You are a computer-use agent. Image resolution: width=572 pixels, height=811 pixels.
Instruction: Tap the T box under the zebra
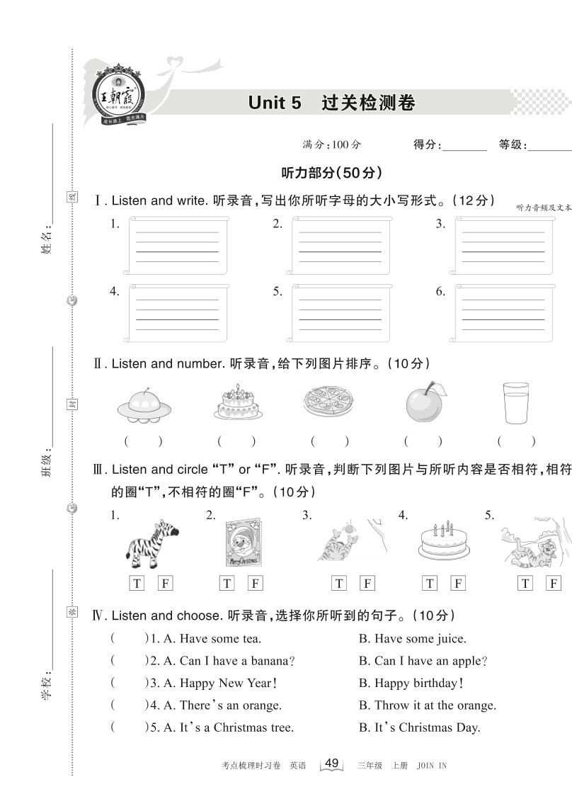click(137, 584)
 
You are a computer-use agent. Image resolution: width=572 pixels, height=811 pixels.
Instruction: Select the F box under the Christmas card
click(256, 584)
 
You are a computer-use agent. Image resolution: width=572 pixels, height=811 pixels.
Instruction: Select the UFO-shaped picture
click(144, 405)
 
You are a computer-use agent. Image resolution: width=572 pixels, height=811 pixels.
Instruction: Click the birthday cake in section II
click(237, 402)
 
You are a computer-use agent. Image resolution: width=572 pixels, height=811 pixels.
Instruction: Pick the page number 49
click(331, 764)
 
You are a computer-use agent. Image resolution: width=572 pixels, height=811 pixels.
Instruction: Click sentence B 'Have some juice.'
click(413, 639)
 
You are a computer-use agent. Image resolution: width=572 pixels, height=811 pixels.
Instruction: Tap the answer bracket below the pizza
click(329, 441)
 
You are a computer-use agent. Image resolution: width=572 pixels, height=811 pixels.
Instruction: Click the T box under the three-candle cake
click(430, 584)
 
